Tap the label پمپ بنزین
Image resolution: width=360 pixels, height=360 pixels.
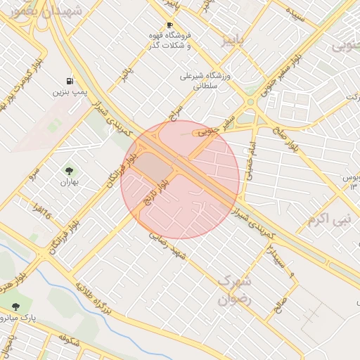point(70,92)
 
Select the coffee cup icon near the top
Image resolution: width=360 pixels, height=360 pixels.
point(169,25)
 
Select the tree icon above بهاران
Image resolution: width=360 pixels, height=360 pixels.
point(69,171)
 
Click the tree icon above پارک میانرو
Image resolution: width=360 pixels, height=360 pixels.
point(16,306)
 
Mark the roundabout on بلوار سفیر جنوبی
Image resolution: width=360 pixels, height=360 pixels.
point(250,102)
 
